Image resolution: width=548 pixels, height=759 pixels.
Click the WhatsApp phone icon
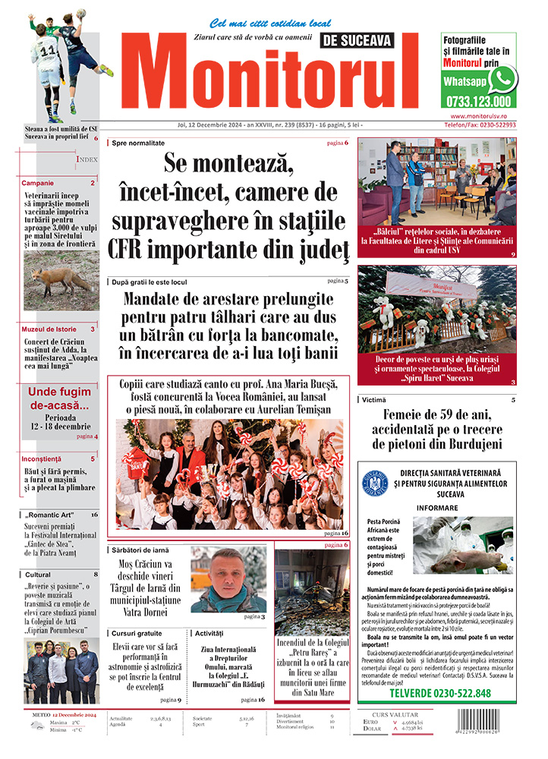[502, 79]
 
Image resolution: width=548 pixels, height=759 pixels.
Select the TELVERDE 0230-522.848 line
[440, 693]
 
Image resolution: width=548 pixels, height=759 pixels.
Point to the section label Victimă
[373, 400]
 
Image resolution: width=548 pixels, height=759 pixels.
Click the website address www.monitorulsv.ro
[478, 115]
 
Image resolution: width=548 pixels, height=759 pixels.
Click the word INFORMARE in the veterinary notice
[437, 509]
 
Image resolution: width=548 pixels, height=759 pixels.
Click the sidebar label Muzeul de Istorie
[48, 329]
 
